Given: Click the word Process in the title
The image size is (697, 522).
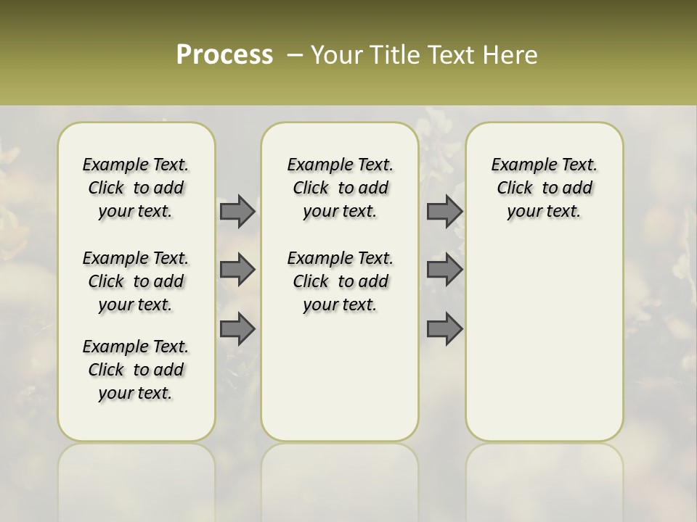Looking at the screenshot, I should (x=224, y=55).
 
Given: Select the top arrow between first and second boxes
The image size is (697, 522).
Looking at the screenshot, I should (x=237, y=211).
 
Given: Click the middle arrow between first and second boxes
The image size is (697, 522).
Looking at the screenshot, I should (x=237, y=270).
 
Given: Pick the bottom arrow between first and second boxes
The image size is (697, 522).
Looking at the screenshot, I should (x=237, y=328).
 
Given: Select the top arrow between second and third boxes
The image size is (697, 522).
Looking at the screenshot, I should (x=444, y=211).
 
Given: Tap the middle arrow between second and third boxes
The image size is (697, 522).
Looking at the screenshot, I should (x=444, y=270).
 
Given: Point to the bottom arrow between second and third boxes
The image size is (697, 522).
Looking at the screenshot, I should (x=444, y=328).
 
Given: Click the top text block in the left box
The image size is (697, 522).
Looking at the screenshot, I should (x=136, y=188).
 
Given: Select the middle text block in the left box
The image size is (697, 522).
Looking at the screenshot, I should (x=136, y=281).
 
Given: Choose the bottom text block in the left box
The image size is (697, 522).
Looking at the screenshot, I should (x=136, y=370).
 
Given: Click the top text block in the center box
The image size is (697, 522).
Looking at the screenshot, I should (x=340, y=188).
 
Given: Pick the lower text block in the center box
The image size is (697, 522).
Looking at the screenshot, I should (x=340, y=281).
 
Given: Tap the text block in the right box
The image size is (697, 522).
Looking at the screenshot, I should (x=544, y=188).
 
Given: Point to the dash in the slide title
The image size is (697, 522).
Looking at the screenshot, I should (x=295, y=55).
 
